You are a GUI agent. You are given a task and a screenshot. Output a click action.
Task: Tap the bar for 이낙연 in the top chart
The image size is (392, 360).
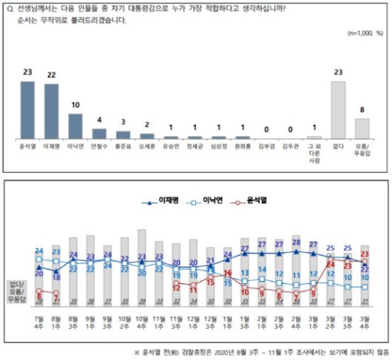tap(75, 126)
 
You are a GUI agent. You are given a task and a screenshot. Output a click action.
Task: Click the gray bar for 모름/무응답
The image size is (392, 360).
tap(362, 129)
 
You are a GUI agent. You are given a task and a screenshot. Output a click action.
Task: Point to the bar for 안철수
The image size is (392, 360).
tap(99, 134)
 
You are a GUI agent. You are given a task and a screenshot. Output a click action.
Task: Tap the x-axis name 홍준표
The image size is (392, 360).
tap(123, 146)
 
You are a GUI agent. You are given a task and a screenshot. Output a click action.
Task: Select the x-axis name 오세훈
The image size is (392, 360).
tap(146, 146)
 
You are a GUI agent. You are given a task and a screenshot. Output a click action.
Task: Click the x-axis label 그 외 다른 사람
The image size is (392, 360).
tap(314, 151)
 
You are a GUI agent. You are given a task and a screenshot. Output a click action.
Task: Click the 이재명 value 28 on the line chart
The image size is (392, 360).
tap(296, 242)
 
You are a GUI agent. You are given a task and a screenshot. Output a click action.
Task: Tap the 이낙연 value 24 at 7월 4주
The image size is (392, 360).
tap(38, 250)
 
